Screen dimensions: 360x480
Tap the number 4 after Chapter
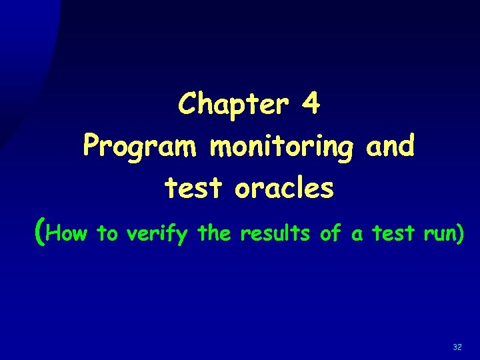tap(311, 104)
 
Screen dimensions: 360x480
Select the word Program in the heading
tap(141, 146)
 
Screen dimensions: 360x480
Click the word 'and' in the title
tap(391, 145)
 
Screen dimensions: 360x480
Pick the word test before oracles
tap(194, 189)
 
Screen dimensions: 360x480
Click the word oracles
tap(283, 188)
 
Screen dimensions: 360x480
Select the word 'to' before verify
tap(107, 234)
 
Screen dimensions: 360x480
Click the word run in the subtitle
tap(437, 235)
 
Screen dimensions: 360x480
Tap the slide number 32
tap(457, 347)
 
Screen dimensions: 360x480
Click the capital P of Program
tap(91, 145)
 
